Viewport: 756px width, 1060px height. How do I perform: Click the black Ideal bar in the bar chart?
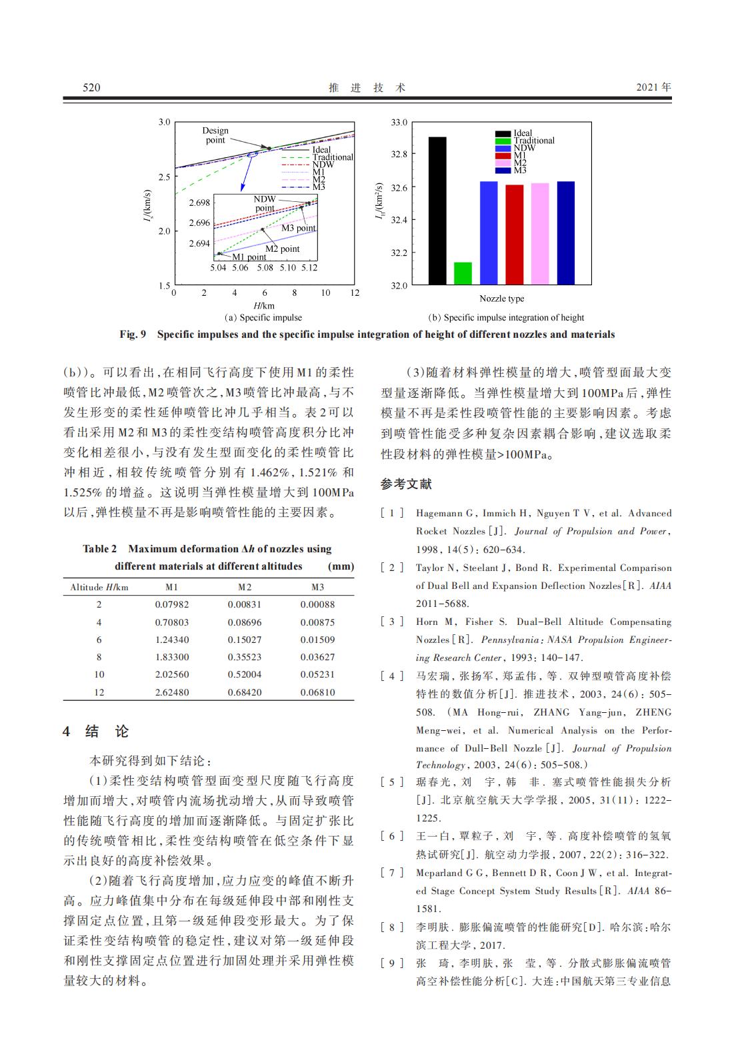coord(437,211)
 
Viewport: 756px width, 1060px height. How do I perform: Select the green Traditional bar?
coord(463,273)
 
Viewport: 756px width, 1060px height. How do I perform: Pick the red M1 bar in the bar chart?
coord(515,235)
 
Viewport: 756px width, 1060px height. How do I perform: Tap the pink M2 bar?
coord(540,234)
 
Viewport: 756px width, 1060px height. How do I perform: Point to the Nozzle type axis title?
coord(501,298)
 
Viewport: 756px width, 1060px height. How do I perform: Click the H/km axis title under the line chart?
coord(264,305)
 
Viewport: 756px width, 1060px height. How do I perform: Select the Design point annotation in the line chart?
coord(215,135)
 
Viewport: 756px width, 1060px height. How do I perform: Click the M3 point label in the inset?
coord(298,228)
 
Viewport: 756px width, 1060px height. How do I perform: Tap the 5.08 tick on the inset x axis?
coord(265,268)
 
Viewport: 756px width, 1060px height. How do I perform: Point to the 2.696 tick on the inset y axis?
coord(199,223)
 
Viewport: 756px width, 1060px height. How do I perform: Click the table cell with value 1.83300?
coord(172,657)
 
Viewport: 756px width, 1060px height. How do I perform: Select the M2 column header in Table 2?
coord(245,587)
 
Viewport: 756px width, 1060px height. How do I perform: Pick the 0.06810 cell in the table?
coord(317,692)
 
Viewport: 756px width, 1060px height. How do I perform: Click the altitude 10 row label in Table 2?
coord(99,674)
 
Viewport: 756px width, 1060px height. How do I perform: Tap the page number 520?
coord(91,87)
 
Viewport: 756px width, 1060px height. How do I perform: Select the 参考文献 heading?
coord(406,484)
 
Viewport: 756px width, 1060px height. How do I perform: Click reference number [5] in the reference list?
coord(392,782)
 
